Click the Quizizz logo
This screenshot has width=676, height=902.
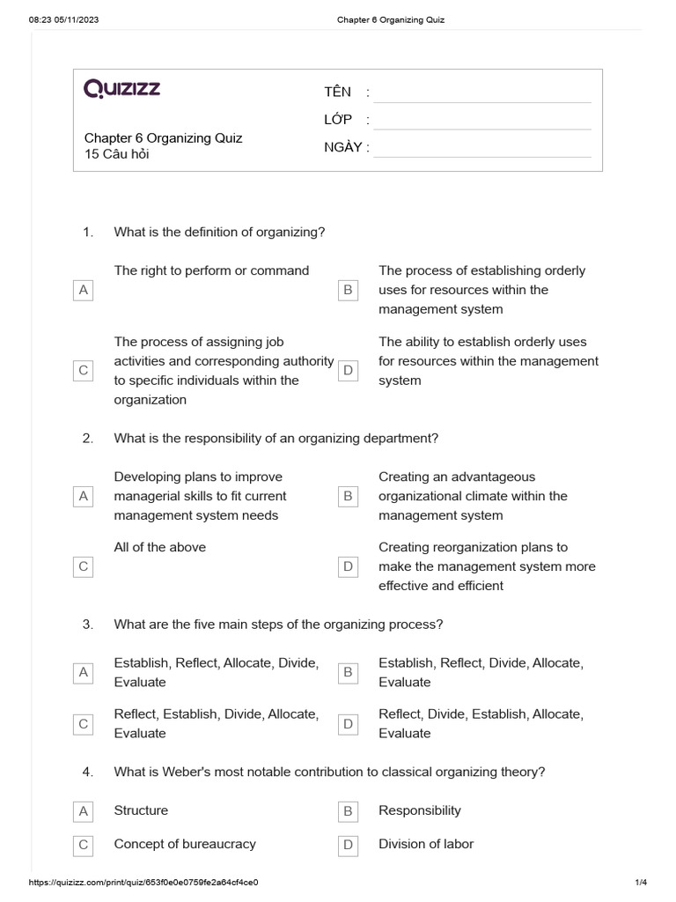(x=122, y=88)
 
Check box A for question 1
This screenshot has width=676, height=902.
(x=84, y=290)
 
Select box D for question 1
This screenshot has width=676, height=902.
(x=348, y=371)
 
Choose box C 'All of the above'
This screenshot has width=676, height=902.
(x=84, y=566)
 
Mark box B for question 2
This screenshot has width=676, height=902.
(x=348, y=497)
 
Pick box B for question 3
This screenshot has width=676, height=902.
(x=348, y=673)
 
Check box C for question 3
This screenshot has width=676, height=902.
(x=84, y=724)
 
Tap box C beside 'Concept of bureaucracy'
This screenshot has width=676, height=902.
(x=84, y=845)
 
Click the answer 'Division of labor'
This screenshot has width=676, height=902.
(x=426, y=844)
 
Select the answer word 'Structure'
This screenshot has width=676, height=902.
(x=141, y=810)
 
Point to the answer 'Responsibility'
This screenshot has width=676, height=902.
(x=420, y=810)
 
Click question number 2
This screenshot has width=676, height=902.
(x=87, y=438)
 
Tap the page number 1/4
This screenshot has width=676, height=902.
(x=640, y=882)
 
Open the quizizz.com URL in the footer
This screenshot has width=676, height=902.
(x=143, y=882)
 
